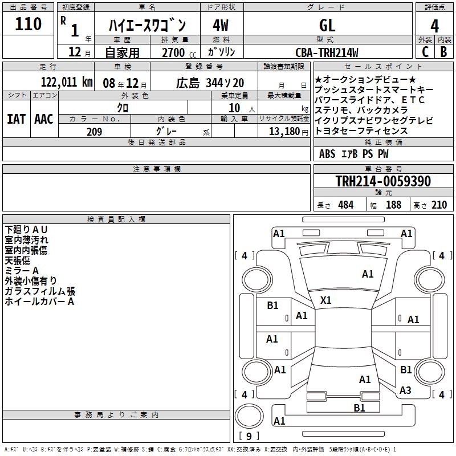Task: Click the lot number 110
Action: [x=29, y=24]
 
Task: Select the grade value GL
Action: [x=327, y=25]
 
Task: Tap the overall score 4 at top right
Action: [x=434, y=26]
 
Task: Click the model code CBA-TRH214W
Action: [x=327, y=52]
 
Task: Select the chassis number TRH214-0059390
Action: [x=383, y=181]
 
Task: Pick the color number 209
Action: [x=94, y=131]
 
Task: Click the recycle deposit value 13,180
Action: [x=284, y=131]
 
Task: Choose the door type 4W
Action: [x=221, y=25]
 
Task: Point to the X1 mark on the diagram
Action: [x=326, y=300]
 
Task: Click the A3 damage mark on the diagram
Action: [x=405, y=390]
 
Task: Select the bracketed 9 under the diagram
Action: [x=249, y=436]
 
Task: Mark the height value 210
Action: [x=438, y=205]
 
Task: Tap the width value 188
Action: [x=393, y=205]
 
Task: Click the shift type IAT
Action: [x=15, y=119]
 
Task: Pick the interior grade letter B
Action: [x=443, y=52]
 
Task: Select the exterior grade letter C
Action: [x=425, y=52]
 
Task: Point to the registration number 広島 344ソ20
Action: [x=210, y=82]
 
